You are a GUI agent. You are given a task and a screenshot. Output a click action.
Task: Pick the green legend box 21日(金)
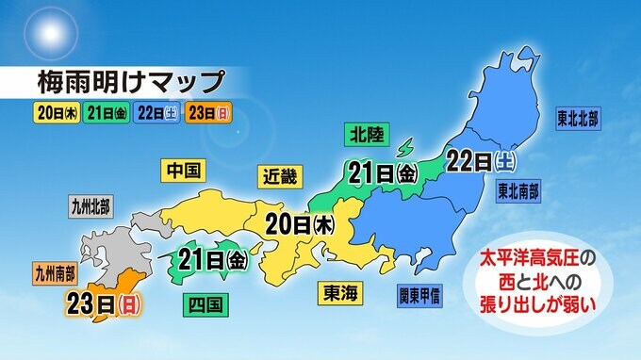(x=107, y=115)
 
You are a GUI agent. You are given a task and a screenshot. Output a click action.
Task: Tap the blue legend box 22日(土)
(x=158, y=115)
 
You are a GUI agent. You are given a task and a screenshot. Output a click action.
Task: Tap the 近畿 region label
(x=278, y=174)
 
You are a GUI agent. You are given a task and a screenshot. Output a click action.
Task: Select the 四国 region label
(x=205, y=303)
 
